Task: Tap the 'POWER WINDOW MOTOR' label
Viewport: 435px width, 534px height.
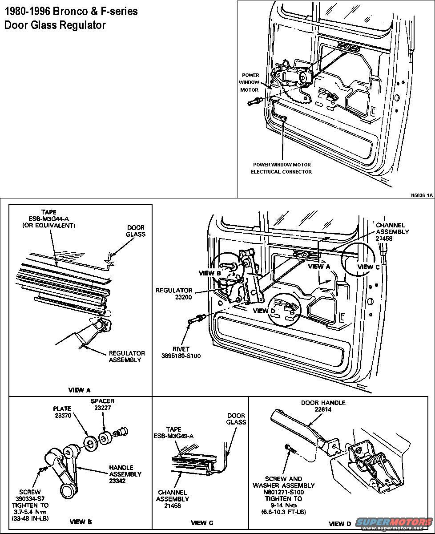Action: tap(250, 82)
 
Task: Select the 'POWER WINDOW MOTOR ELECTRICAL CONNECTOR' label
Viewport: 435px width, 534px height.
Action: tap(282, 168)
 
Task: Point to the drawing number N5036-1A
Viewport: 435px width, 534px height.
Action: tap(422, 195)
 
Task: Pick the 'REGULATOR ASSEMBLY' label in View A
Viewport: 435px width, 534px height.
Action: tap(127, 356)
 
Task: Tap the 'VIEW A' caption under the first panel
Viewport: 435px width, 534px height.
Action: tap(79, 390)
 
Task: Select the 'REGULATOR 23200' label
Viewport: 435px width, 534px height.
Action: tap(174, 294)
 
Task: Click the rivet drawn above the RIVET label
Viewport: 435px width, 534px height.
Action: tap(196, 319)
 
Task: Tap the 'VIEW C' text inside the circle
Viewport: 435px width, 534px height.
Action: tap(366, 267)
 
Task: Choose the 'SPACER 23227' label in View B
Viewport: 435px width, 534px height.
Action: tap(103, 404)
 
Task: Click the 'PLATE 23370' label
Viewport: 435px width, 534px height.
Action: tap(62, 412)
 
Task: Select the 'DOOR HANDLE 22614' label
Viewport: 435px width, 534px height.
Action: tap(323, 406)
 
